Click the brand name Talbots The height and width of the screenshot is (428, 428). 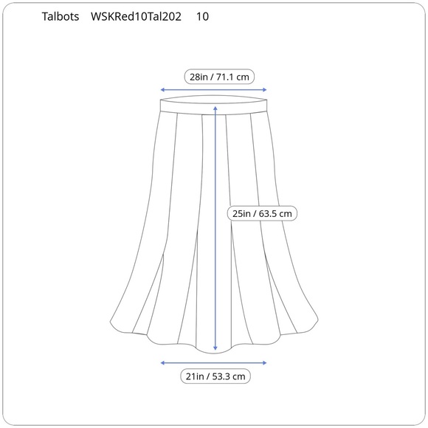tap(61, 17)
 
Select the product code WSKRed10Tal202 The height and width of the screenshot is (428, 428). tap(136, 17)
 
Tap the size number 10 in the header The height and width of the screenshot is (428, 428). tap(202, 17)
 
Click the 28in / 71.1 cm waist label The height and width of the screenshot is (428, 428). tap(219, 77)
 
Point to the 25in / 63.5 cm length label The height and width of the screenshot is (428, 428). tap(262, 213)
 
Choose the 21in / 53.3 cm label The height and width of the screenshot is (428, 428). tap(215, 376)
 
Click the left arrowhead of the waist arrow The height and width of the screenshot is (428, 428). tap(162, 90)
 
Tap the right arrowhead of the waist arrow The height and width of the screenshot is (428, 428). tap(264, 90)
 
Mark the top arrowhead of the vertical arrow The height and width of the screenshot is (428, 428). tap(215, 108)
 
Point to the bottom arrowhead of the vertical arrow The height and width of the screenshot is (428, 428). tap(215, 348)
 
